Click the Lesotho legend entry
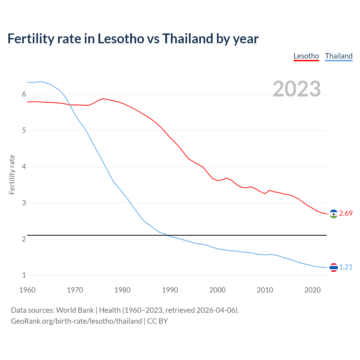click(x=306, y=56)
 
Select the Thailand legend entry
click(x=339, y=56)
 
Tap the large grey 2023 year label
click(x=297, y=89)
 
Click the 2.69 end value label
click(x=346, y=213)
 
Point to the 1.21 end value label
click(x=346, y=267)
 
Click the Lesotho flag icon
click(x=334, y=214)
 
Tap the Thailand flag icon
click(x=334, y=267)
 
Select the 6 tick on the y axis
click(x=24, y=94)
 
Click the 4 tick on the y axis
click(x=24, y=167)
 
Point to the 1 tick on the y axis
click(x=24, y=275)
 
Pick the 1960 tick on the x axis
click(x=27, y=290)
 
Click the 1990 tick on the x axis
click(x=170, y=290)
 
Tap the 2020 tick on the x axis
click(x=312, y=290)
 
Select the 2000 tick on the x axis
click(x=217, y=290)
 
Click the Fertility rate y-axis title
click(x=12, y=174)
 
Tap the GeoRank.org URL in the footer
click(x=76, y=321)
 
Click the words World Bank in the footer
click(x=75, y=310)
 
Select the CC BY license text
click(x=157, y=321)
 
